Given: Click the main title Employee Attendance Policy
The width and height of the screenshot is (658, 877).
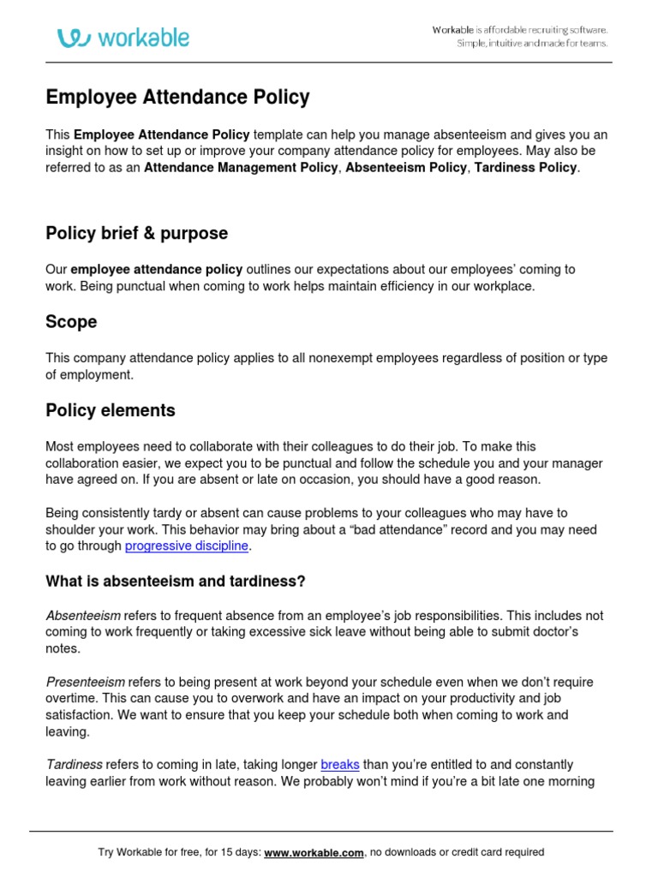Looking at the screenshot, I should [177, 98].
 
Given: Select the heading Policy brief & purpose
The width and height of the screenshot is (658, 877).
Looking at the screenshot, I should [136, 234].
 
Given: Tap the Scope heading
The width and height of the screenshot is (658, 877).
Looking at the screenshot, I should [71, 322].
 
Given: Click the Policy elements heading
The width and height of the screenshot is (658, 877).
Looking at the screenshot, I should [110, 410].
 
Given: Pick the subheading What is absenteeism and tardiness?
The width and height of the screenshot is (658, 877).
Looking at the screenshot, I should [175, 582].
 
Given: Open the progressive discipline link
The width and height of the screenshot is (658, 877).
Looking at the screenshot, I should [187, 546].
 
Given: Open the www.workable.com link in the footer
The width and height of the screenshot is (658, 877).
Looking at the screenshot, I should [314, 852].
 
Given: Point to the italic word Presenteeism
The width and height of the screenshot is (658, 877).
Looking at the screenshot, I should [85, 682].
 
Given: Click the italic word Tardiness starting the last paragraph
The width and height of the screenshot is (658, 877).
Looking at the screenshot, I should [74, 764].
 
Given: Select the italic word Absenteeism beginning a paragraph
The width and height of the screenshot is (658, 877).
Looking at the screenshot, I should [83, 616].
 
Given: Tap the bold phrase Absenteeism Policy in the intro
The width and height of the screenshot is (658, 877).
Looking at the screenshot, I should [406, 168].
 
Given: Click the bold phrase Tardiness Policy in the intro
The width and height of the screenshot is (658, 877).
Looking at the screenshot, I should [526, 168].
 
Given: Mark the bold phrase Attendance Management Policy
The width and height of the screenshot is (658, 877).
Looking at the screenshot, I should [241, 168].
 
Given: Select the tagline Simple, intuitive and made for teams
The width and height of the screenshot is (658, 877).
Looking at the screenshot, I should [531, 44].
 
